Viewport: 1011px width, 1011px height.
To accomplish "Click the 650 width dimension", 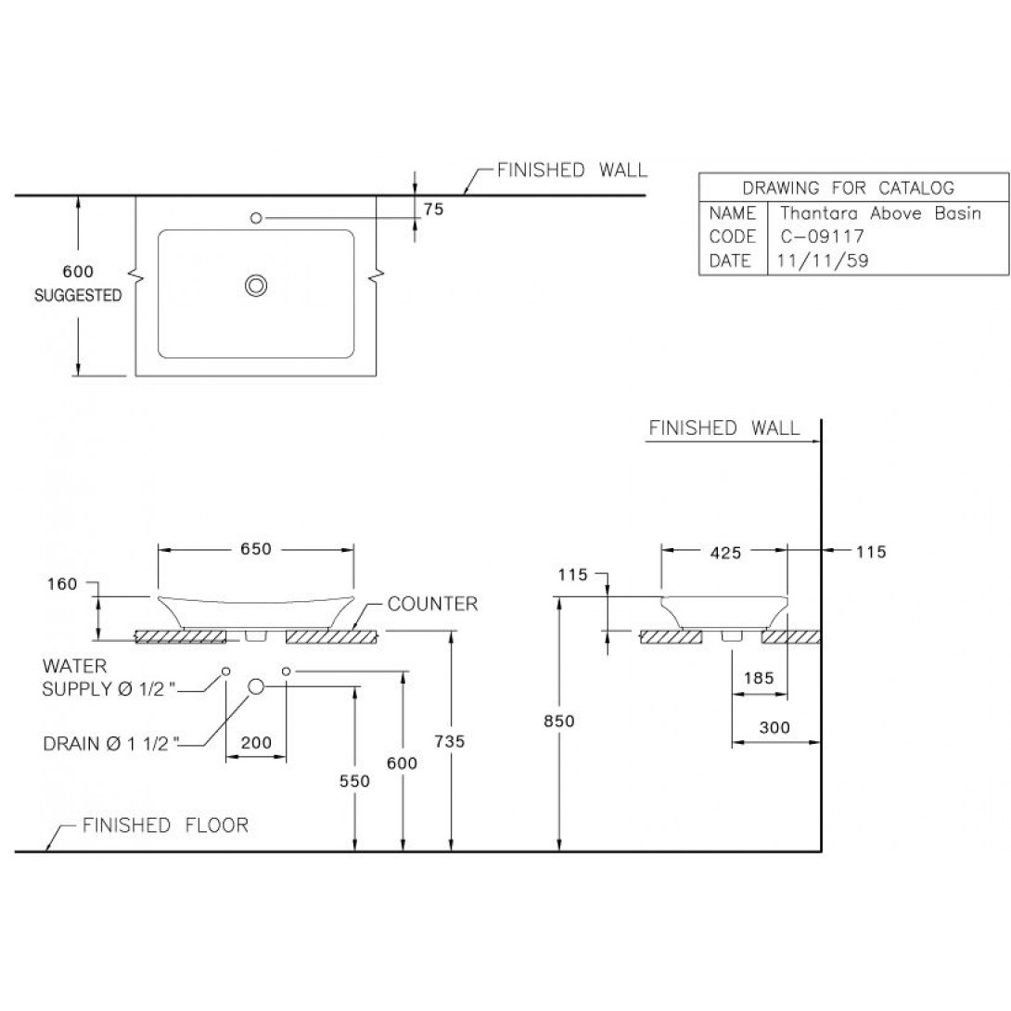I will point(256,549).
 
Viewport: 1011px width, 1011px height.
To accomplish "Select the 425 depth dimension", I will point(724,553).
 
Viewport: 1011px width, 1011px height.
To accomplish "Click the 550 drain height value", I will point(354,781).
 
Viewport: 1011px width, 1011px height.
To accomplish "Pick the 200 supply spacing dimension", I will point(256,743).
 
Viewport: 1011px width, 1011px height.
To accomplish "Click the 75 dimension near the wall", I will point(433,210).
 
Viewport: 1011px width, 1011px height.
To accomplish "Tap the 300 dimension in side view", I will point(774,728).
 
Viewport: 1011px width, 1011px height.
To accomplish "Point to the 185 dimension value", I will point(760,677).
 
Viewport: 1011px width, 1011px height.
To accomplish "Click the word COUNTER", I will point(432,605).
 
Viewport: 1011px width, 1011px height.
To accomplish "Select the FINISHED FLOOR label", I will point(165,825).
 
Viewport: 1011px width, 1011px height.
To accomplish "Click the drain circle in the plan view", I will point(256,287).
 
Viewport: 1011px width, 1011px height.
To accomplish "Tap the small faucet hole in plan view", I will point(257,218).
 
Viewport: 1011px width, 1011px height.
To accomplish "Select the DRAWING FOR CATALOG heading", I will point(848,188).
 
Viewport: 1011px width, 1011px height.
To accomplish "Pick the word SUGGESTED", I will point(78,297).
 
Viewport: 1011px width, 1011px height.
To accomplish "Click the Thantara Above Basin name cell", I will point(880,213).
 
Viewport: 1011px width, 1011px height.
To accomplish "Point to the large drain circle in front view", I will point(256,685).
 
